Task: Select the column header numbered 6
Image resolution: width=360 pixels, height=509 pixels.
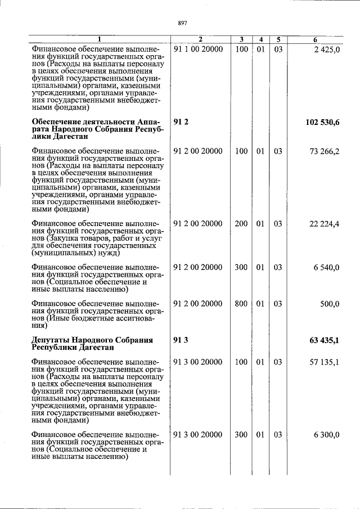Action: click(x=316, y=39)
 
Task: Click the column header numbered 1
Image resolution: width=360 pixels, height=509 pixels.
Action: click(x=100, y=39)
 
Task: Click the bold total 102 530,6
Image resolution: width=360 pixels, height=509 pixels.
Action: click(x=322, y=122)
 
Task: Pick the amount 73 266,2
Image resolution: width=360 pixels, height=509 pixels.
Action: click(x=324, y=151)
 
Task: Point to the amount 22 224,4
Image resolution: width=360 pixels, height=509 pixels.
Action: click(x=324, y=224)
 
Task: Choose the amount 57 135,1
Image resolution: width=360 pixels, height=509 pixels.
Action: click(x=324, y=362)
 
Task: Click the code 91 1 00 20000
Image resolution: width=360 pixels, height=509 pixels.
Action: click(x=199, y=49)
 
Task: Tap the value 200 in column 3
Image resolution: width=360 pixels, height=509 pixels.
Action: click(x=241, y=224)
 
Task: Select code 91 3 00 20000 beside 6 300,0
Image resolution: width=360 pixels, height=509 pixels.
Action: click(x=199, y=435)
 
